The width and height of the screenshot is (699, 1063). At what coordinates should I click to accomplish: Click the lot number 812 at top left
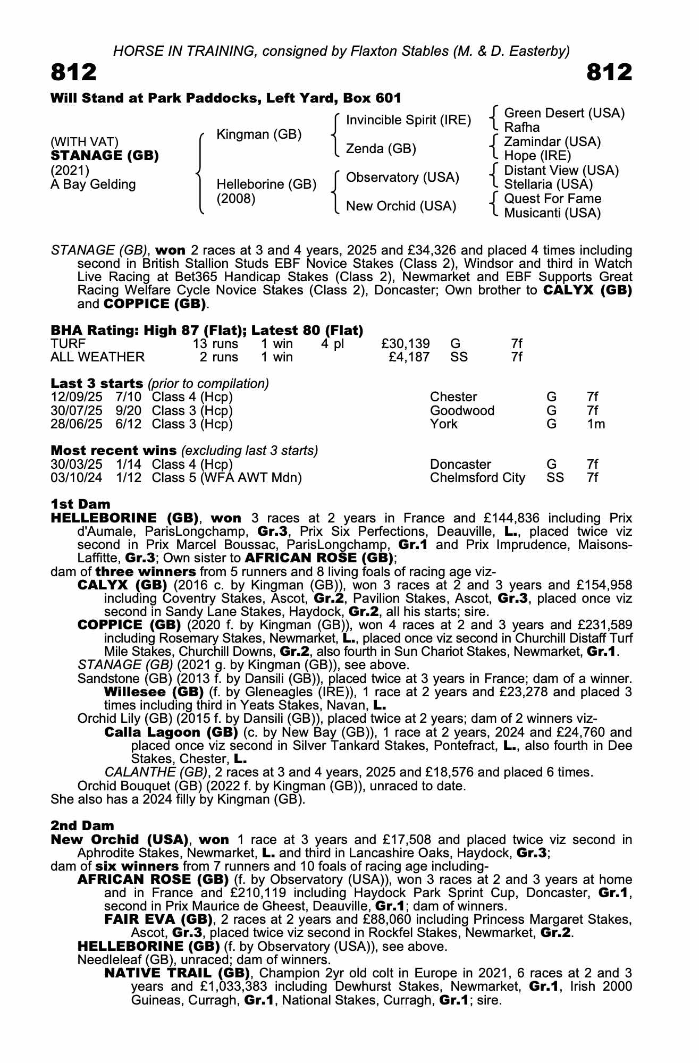[x=74, y=72]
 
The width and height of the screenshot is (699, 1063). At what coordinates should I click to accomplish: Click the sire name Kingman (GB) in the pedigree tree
[x=259, y=134]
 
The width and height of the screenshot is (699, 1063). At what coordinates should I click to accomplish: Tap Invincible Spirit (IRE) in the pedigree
[x=408, y=120]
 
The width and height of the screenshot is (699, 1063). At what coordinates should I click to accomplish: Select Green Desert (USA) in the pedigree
[x=564, y=113]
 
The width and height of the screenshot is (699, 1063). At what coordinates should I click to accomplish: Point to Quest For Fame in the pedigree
[x=552, y=199]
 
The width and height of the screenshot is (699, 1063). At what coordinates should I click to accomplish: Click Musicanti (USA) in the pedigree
[x=552, y=213]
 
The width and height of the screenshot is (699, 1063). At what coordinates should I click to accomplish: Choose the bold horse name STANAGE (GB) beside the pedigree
[x=105, y=156]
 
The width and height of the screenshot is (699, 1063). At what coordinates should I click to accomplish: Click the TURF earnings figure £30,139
[x=406, y=344]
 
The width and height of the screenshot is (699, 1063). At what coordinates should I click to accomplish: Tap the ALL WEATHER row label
[x=97, y=357]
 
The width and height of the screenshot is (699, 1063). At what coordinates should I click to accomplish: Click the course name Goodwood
[x=462, y=411]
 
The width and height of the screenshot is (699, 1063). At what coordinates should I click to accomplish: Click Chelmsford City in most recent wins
[x=477, y=478]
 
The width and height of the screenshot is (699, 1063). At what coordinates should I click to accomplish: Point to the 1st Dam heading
[x=80, y=504]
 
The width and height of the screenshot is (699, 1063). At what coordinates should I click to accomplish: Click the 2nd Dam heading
[x=82, y=825]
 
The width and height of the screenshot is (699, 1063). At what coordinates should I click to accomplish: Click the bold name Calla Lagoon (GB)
[x=167, y=732]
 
